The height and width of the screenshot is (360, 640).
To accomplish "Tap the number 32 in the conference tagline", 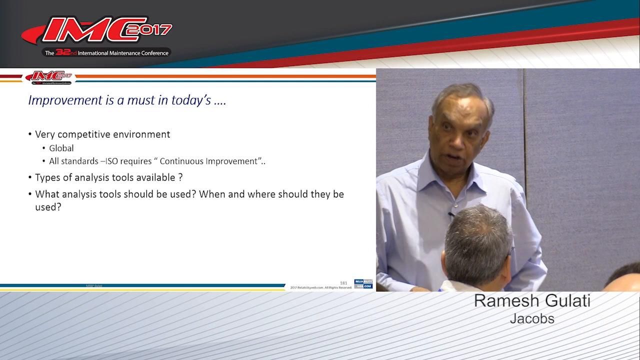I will pos(62,52).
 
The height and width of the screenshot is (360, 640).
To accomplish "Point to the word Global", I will pos(61,148).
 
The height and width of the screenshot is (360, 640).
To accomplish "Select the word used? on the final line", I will pos(48,206).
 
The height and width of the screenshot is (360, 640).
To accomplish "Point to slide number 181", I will pos(343,283).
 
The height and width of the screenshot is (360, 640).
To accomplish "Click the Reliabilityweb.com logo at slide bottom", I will pos(363,284).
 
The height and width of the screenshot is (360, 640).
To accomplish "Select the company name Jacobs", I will pos(532,318).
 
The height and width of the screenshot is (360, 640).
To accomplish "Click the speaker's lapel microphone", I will pos(450,214).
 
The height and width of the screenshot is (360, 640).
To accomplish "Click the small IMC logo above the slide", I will pos(49,76).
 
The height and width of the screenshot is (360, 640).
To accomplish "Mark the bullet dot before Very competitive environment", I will pos(30,135).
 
